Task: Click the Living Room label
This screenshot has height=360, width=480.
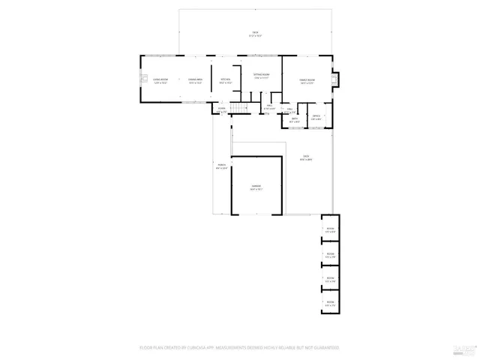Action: pos(160,80)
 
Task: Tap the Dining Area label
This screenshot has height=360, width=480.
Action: pos(195,80)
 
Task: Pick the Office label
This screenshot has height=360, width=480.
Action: pos(316,116)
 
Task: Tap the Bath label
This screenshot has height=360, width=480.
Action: pos(295,119)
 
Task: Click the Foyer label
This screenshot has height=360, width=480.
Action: pos(222,110)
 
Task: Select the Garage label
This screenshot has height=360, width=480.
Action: pos(256,187)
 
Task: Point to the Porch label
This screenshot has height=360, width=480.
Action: pos(222,166)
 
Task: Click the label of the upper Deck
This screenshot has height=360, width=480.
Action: pos(255,33)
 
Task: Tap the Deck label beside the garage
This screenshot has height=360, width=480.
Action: pos(306,158)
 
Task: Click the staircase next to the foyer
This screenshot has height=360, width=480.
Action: pos(238,109)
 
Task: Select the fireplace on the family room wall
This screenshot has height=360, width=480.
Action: pos(335,77)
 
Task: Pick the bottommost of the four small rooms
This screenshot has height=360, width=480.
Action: pos(329,303)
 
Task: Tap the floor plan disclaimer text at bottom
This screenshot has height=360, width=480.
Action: pos(239,348)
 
